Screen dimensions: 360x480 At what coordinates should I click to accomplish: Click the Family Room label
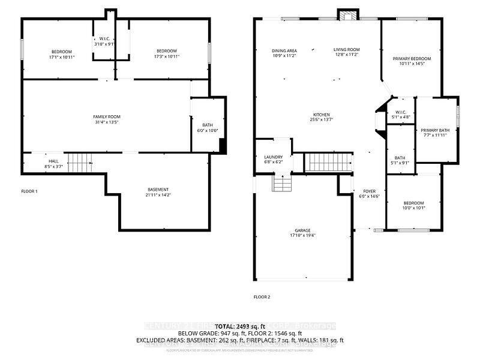[107, 119]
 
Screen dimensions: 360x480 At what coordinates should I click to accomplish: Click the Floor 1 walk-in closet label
[104, 41]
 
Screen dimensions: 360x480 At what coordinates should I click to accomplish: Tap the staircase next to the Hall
[80, 162]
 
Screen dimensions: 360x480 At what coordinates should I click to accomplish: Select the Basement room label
[158, 192]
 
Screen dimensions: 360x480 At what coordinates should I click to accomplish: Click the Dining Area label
[284, 53]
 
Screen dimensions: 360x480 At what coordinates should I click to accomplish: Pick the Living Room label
[346, 52]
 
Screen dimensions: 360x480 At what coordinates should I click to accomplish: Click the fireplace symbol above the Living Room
[347, 15]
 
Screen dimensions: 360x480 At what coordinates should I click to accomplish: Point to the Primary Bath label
[435, 133]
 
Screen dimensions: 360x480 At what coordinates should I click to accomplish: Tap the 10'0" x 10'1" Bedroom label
[413, 205]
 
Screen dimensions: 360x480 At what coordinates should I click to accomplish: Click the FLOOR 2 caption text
[262, 297]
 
